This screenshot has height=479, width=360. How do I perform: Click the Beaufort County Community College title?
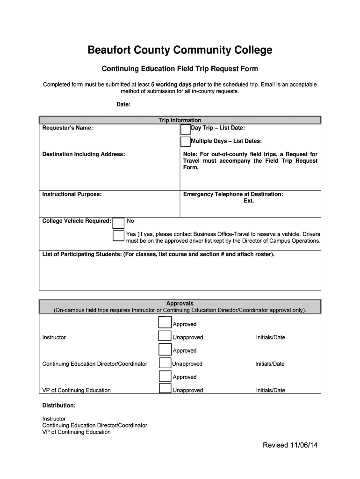[x=180, y=50]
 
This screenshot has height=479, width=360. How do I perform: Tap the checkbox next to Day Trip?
[x=186, y=129]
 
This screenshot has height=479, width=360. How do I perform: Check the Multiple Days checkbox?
[x=186, y=141]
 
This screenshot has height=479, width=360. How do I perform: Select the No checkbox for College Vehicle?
[x=119, y=223]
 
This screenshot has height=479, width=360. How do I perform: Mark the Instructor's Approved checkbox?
[x=165, y=323]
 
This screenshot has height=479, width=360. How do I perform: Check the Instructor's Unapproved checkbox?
[x=165, y=336]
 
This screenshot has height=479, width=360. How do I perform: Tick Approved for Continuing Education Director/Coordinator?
[x=165, y=349]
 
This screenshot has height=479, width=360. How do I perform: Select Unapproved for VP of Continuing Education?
[x=165, y=389]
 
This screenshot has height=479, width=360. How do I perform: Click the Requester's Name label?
[x=67, y=128]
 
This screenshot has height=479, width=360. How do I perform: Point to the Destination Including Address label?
[x=84, y=154]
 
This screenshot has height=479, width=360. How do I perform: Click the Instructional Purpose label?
[x=72, y=194]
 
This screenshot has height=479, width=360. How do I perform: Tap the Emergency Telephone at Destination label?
[x=233, y=194]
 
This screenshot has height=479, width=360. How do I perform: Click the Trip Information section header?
[x=180, y=120]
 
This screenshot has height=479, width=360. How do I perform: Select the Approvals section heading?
[x=180, y=304]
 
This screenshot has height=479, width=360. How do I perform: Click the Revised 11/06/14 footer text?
[x=290, y=445]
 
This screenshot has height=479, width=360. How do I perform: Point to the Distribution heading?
[x=59, y=406]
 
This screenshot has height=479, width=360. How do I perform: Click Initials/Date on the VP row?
[x=270, y=390]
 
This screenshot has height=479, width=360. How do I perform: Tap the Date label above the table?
[x=123, y=104]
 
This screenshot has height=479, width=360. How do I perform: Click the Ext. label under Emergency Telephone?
[x=249, y=201]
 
